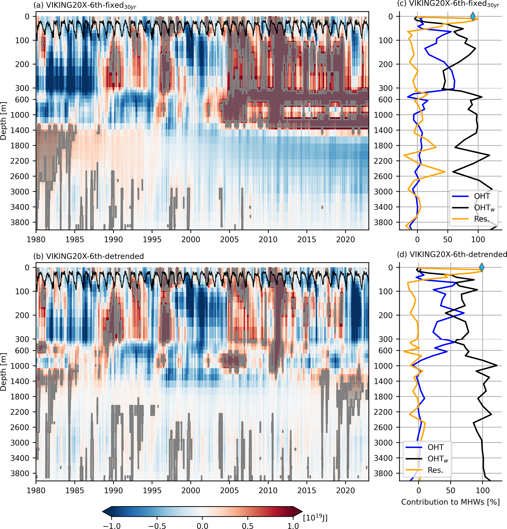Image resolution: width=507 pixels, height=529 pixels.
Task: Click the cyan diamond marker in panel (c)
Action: [x=473, y=16]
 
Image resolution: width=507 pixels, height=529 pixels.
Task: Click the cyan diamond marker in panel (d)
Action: [x=481, y=267]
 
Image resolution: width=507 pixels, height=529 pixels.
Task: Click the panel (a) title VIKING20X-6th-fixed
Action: [x=85, y=6]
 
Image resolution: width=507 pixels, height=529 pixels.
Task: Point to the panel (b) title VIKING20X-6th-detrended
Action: [x=89, y=256]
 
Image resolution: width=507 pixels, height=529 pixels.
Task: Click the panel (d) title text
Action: [x=452, y=254]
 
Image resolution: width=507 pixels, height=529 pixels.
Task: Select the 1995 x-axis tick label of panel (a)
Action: [x=152, y=239]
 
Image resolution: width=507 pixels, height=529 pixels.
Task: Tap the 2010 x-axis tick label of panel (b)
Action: [x=268, y=491]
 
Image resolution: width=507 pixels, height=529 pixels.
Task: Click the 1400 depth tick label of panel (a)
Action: [x=20, y=130]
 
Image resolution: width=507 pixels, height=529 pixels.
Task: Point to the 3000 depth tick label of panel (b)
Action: [x=20, y=443]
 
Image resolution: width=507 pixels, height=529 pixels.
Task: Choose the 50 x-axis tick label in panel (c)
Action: [x=448, y=239]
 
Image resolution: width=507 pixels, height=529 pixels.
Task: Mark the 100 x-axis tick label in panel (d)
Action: [x=482, y=491]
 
